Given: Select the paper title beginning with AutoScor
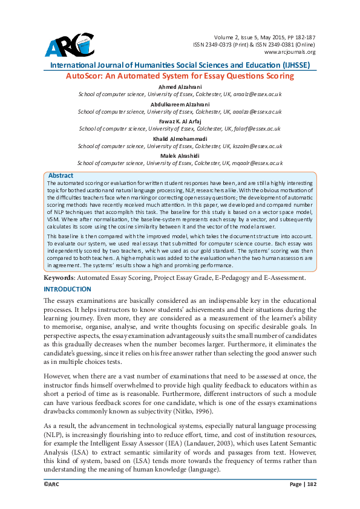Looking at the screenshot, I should pos(179,76).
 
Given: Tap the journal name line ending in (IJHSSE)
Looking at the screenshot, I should pos(179,65).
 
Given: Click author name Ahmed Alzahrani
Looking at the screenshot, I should pos(179,87).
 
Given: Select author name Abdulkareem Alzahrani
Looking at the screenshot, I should pos(179,104).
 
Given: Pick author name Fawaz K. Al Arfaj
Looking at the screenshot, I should pos(179,121).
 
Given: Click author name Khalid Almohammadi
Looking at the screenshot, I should pos(179,138).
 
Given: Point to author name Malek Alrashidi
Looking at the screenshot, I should pos(179,155).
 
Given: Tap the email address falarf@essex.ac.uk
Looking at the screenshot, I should pos(257,129).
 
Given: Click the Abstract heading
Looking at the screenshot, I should pos(61,175).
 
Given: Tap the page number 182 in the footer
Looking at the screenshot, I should pos(312,484).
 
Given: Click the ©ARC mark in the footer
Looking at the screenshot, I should pos(53,484).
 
